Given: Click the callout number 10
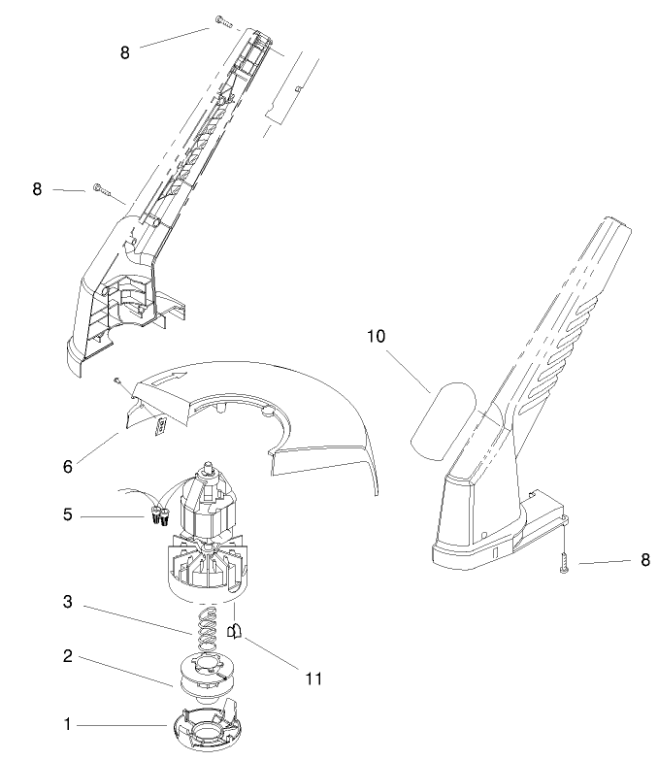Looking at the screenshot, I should pyautogui.click(x=375, y=338).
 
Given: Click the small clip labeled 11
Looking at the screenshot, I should pyautogui.click(x=233, y=632).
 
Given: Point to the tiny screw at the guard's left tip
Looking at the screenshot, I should pyautogui.click(x=115, y=380).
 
